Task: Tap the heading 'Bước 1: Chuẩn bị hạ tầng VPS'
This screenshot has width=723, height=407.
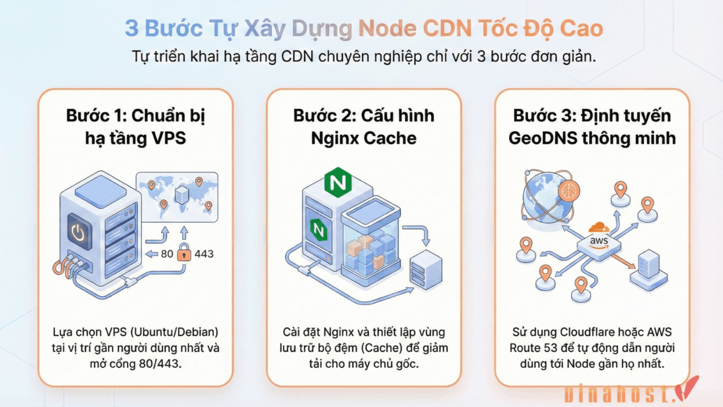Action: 135,127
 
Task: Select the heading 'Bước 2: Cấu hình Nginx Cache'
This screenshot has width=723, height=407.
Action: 364,127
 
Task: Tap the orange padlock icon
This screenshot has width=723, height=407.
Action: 184,254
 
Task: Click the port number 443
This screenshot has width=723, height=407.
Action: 204,254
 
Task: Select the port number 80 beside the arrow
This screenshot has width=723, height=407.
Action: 167,254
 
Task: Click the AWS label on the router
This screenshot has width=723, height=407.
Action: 600,241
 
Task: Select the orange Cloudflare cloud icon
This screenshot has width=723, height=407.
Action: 599,227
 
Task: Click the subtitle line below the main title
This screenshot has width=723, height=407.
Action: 364,56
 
